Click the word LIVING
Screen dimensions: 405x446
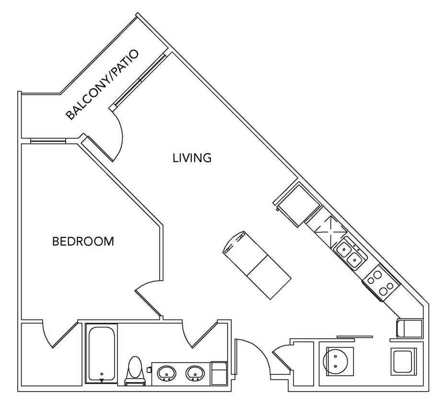[192, 157]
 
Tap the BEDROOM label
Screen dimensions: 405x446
[83, 241]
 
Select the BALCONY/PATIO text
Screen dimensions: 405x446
[102, 84]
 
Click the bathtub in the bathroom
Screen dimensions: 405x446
[101, 354]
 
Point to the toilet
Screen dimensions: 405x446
[134, 370]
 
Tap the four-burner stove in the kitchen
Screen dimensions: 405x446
[381, 282]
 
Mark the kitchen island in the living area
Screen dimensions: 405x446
[257, 264]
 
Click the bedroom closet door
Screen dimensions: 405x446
[58, 334]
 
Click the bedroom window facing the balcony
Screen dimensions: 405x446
[48, 141]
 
